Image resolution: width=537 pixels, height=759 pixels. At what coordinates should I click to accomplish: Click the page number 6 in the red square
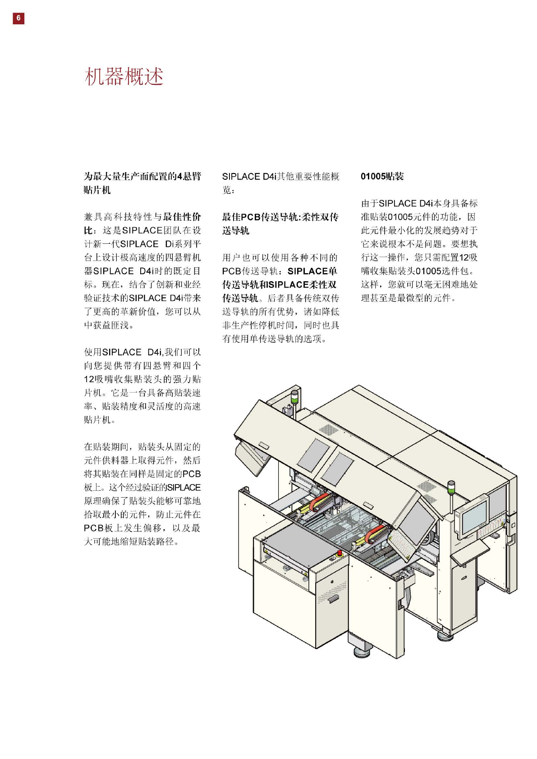click(18, 18)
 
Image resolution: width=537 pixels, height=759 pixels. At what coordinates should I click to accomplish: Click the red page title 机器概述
click(124, 76)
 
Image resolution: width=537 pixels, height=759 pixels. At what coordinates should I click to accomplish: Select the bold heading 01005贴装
click(382, 176)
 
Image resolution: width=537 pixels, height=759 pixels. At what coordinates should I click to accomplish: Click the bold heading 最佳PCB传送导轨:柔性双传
click(280, 217)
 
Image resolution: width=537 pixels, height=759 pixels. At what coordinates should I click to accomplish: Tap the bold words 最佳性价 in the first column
click(182, 217)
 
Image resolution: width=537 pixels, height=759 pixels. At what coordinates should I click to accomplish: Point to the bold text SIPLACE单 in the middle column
click(312, 271)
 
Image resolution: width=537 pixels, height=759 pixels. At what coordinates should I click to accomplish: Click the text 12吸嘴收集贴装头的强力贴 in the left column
click(142, 379)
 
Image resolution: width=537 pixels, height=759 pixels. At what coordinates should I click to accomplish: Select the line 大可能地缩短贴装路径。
click(132, 541)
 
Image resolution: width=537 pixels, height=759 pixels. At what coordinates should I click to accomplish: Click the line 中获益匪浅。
click(109, 325)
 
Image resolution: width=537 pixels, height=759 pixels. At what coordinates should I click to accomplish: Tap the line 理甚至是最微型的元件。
click(408, 298)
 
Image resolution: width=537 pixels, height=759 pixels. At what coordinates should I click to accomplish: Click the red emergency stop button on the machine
click(339, 553)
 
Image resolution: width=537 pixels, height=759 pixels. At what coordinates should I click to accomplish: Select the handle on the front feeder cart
click(333, 599)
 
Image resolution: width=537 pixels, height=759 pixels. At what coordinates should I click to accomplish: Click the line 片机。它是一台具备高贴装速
click(142, 393)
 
